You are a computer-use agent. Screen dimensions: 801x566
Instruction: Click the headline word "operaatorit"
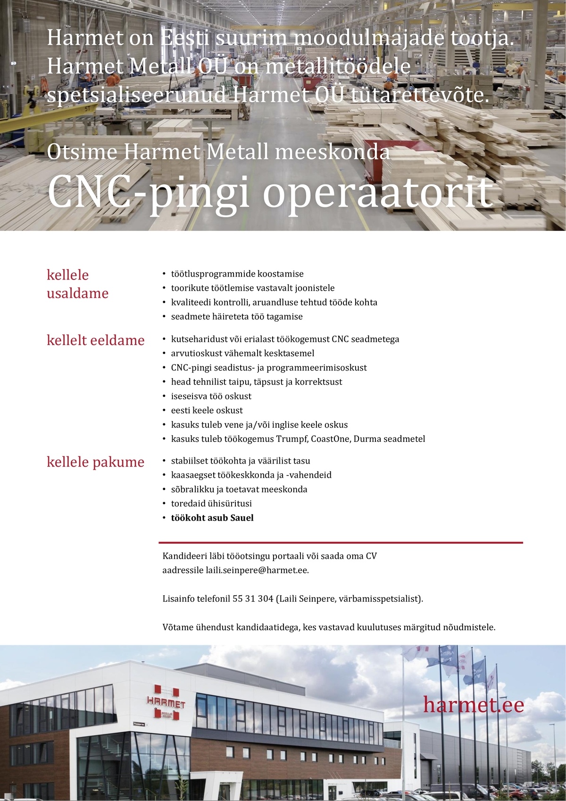377,193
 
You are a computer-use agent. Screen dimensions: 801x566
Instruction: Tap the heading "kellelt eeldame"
95,340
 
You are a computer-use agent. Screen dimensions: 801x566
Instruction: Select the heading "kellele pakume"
95,462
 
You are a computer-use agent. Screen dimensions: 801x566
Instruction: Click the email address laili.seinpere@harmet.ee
257,570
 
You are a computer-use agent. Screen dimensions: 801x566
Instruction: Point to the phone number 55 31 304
253,599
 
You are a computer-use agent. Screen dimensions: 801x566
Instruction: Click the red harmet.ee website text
473,705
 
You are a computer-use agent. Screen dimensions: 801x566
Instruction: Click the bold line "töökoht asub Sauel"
212,518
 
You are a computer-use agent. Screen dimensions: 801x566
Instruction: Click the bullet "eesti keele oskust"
207,410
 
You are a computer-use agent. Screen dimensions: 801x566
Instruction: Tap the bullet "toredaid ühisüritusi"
211,504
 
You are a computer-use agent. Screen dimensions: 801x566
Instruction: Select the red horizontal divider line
341,543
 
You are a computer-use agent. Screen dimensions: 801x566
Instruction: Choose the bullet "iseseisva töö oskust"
211,396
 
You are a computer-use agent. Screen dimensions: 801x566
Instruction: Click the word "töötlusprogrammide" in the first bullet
213,274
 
